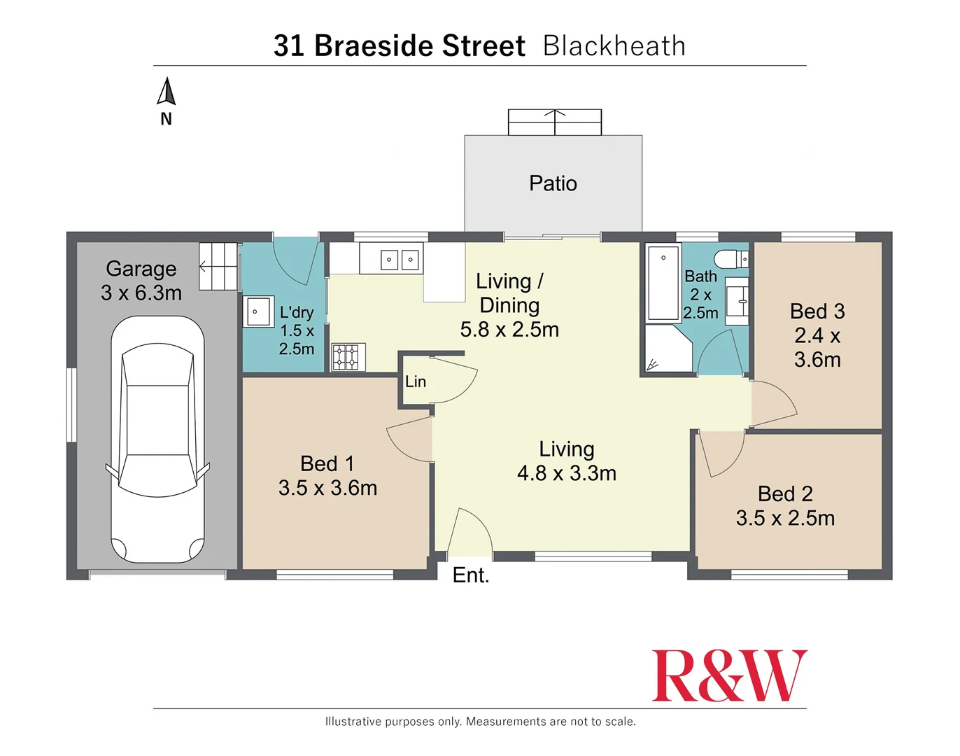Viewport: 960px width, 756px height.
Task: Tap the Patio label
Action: pyautogui.click(x=553, y=183)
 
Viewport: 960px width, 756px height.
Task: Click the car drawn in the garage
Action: pyautogui.click(x=157, y=439)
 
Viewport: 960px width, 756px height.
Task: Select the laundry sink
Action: pyautogui.click(x=258, y=311)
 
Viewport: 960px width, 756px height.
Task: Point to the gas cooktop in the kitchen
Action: pyautogui.click(x=348, y=357)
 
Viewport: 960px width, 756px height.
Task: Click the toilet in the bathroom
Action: pyautogui.click(x=730, y=259)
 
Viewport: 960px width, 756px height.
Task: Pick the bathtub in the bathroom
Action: pyautogui.click(x=663, y=282)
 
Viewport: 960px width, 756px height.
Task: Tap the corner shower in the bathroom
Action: pyautogui.click(x=668, y=349)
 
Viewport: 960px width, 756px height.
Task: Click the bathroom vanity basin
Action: pyautogui.click(x=737, y=301)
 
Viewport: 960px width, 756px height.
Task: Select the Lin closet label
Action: pyautogui.click(x=416, y=381)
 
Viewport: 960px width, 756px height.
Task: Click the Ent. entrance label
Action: pyautogui.click(x=471, y=575)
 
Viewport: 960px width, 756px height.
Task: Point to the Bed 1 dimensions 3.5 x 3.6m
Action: pyautogui.click(x=328, y=488)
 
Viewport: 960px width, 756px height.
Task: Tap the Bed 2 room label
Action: pyautogui.click(x=785, y=493)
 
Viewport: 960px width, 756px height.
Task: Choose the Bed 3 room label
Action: pyautogui.click(x=817, y=311)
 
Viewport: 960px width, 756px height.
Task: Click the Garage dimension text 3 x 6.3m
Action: pyautogui.click(x=141, y=293)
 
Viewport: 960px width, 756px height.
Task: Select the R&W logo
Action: pyautogui.click(x=729, y=675)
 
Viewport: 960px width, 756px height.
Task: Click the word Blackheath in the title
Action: pyautogui.click(x=614, y=45)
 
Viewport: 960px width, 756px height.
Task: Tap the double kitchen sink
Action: pyautogui.click(x=400, y=259)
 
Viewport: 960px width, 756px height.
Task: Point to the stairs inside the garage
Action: pyautogui.click(x=218, y=267)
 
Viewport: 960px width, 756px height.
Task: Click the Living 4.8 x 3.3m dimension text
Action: pyautogui.click(x=567, y=473)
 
